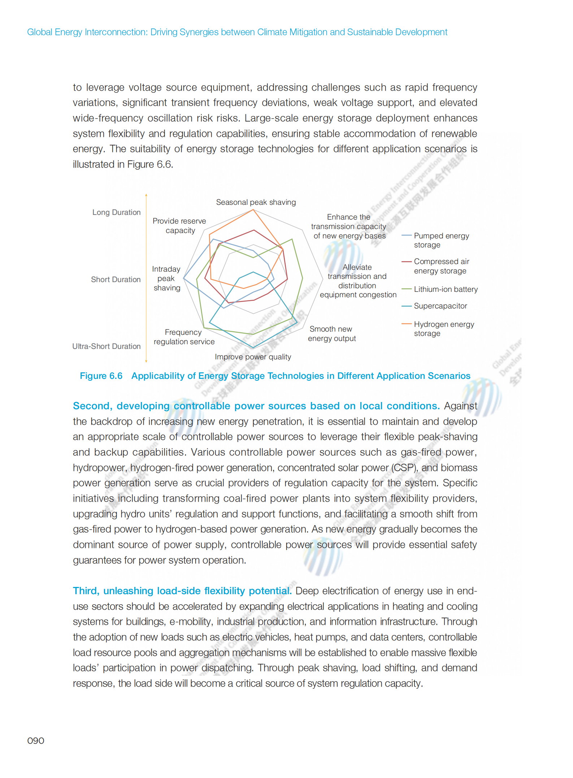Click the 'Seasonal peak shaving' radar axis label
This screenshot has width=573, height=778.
click(256, 202)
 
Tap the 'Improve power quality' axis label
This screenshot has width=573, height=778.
click(253, 357)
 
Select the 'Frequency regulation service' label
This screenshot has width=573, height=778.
click(184, 337)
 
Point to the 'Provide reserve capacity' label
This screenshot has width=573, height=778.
click(179, 226)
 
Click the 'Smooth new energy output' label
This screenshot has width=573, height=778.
click(331, 334)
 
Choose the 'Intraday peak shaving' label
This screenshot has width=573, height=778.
click(166, 278)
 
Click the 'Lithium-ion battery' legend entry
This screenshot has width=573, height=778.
click(446, 289)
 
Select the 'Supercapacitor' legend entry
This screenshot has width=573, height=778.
click(440, 306)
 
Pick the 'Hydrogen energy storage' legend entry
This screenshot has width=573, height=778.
click(444, 329)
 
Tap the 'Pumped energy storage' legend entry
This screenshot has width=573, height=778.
click(441, 240)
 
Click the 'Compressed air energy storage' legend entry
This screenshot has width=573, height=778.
click(441, 266)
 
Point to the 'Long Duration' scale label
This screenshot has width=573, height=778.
click(116, 212)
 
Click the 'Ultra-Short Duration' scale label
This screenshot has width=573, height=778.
click(107, 346)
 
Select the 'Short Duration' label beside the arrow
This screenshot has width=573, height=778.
click(116, 280)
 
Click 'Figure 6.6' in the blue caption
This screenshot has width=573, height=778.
click(101, 376)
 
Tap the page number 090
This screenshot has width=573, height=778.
click(36, 741)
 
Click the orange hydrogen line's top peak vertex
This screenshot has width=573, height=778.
click(253, 210)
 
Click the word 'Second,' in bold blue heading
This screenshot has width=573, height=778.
click(92, 406)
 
